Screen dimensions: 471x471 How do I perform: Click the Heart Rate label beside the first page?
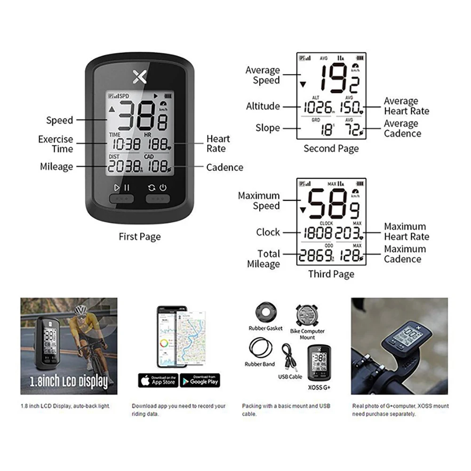[x=218, y=144]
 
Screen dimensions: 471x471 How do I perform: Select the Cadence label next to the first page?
[x=225, y=168]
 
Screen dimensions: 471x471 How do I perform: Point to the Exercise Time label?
[x=56, y=144]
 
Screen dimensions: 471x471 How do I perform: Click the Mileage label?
[x=56, y=167]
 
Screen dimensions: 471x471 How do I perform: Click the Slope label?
[x=268, y=128]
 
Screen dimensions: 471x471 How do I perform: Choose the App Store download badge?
[x=158, y=380]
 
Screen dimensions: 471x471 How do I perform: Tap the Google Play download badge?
[x=200, y=380]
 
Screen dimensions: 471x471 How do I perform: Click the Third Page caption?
[x=331, y=274]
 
